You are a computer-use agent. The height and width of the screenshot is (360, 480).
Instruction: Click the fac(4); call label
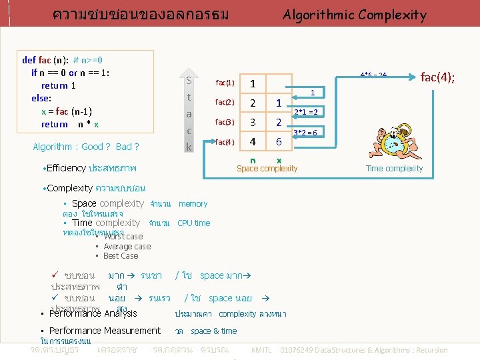coord(438,77)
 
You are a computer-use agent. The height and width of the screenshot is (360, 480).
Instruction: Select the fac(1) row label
coord(225,83)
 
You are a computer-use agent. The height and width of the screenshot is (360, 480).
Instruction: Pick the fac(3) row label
coord(225,122)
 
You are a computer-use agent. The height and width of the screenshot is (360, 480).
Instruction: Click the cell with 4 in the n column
coord(253,141)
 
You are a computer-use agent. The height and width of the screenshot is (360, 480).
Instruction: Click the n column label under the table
coord(253,160)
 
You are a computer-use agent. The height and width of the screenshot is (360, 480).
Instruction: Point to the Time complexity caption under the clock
coord(394,169)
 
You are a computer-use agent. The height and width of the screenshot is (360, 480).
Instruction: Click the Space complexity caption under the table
coord(267,169)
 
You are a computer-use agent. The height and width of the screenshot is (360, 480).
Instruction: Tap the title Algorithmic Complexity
coord(354,15)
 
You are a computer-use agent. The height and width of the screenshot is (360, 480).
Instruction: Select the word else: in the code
coord(41,98)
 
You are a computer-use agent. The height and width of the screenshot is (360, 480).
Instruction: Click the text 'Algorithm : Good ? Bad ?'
coord(85,147)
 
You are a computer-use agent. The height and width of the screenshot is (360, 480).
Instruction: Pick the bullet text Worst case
coord(123,237)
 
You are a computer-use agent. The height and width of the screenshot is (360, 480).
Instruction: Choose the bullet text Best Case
coord(121,256)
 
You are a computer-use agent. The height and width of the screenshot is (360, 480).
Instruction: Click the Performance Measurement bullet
coord(105,331)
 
